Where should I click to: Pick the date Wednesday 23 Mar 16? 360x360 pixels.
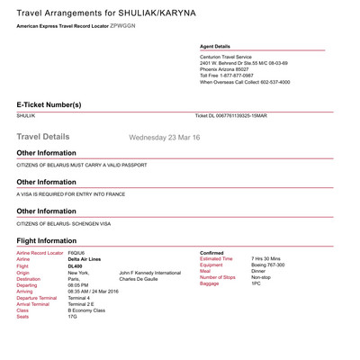166,138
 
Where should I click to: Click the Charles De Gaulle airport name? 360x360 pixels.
139,279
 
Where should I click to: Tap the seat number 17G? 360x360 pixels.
72,317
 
